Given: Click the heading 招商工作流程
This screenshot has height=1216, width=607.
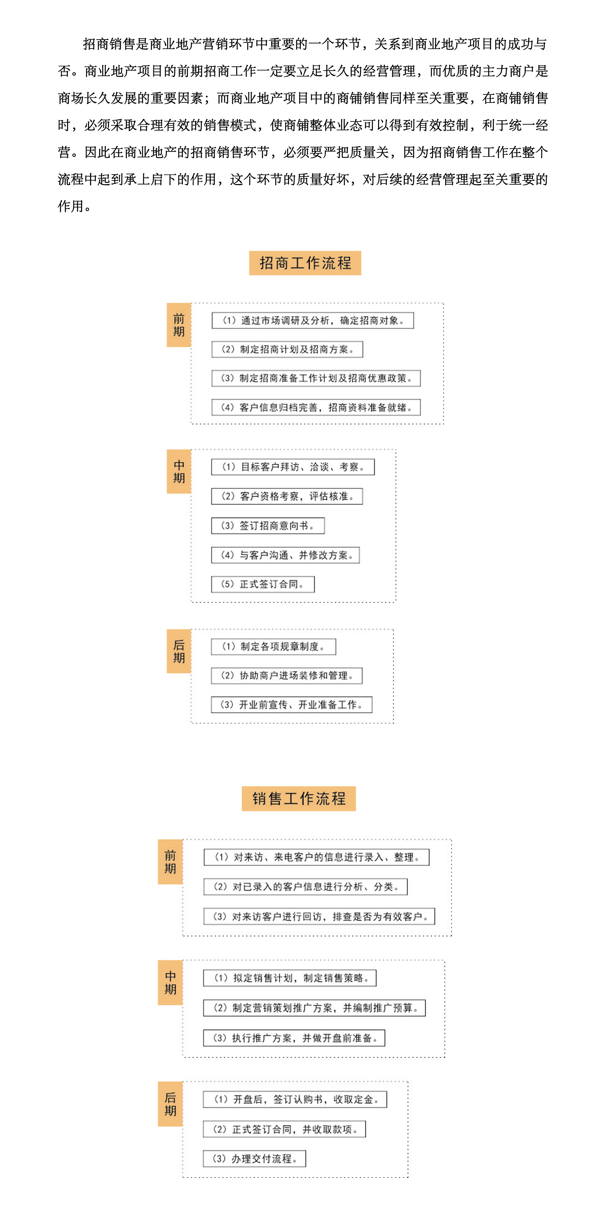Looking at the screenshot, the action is click(x=305, y=263).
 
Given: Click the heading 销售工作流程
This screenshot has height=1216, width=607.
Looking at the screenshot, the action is click(x=299, y=799).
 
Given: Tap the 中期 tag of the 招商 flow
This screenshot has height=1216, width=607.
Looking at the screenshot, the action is click(x=179, y=472).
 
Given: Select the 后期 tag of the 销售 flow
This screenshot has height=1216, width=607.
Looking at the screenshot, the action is click(x=170, y=1104).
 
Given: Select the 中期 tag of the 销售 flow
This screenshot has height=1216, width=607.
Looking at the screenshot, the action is click(x=170, y=982).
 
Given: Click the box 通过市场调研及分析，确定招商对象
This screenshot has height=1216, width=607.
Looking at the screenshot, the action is click(x=313, y=321).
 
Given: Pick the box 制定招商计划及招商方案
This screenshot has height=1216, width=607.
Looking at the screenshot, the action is click(x=287, y=349).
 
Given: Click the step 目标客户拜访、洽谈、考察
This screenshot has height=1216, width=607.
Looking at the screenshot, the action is click(x=293, y=467).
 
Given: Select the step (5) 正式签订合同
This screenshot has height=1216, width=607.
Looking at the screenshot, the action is click(x=263, y=584).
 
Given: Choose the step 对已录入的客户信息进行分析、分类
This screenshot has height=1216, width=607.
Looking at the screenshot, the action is click(x=306, y=887).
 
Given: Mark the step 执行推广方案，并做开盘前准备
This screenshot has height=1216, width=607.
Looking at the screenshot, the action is click(x=294, y=1038).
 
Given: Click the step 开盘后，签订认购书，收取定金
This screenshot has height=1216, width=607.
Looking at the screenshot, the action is click(x=295, y=1099).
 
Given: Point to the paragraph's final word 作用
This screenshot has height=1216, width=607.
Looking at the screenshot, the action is click(x=71, y=206).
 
